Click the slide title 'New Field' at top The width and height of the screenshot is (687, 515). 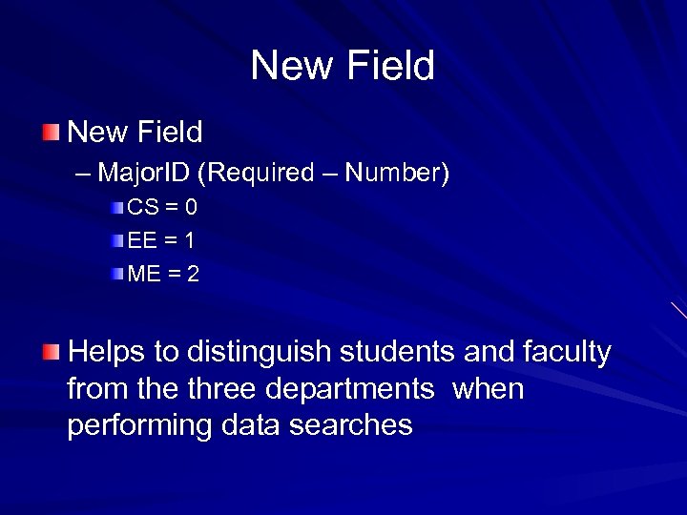(x=343, y=66)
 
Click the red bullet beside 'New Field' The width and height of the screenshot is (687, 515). (x=50, y=131)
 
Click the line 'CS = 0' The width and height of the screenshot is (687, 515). (x=162, y=208)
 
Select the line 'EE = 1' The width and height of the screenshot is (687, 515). (x=161, y=240)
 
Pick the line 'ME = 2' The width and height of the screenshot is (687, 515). (x=163, y=274)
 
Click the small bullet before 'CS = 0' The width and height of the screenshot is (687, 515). (x=116, y=208)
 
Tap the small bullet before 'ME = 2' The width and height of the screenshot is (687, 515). (x=116, y=274)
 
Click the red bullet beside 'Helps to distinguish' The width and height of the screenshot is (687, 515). (x=50, y=352)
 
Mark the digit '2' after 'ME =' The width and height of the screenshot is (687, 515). (x=194, y=274)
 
